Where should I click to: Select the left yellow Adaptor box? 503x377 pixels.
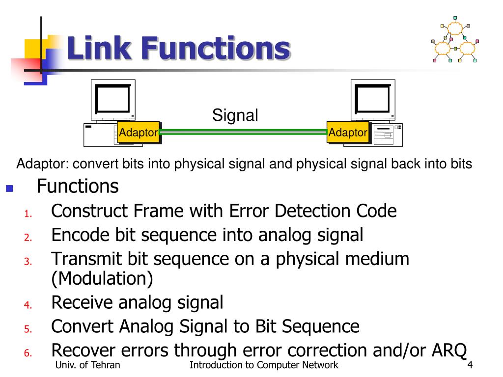pos(139,132)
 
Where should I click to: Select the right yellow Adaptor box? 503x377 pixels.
pos(348,132)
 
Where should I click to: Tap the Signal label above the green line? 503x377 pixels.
pos(235,115)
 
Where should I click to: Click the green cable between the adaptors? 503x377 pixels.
pos(244,132)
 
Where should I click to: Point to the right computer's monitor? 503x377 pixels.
pos(373,100)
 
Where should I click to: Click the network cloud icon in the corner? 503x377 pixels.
pos(454,43)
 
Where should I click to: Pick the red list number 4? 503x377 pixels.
pos(28,305)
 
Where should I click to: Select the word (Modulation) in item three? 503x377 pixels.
pos(102,279)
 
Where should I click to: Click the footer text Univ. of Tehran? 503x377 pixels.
pos(89,365)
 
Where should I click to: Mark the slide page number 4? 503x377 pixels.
pos(470,365)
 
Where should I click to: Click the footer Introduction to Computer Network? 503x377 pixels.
pos(264,365)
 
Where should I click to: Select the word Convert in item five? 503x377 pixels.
pos(82,326)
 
